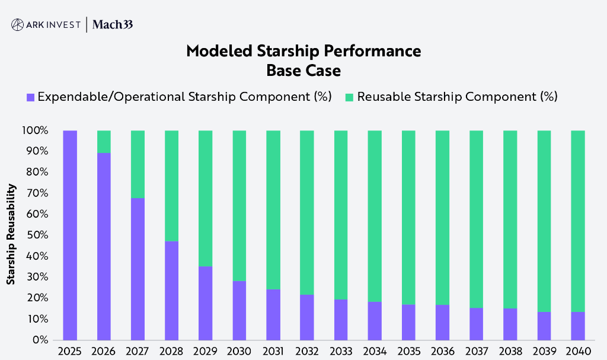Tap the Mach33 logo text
click(x=113, y=24)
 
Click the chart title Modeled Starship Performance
click(x=303, y=51)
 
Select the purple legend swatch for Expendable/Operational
click(x=30, y=97)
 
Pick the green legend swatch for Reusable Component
click(x=349, y=97)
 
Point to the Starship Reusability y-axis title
click(x=11, y=234)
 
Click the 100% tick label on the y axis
click(x=36, y=130)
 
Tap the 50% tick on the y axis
click(x=38, y=235)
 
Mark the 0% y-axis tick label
click(x=40, y=340)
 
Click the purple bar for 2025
click(x=70, y=235)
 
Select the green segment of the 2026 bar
click(x=104, y=141)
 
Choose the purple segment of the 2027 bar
click(x=138, y=269)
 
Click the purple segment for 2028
click(x=171, y=291)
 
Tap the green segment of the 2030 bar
click(x=239, y=205)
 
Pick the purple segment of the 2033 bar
click(x=341, y=320)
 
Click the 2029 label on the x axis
click(x=205, y=351)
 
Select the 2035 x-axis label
click(x=408, y=351)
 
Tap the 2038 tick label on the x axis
click(x=510, y=351)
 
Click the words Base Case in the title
click(x=303, y=71)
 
